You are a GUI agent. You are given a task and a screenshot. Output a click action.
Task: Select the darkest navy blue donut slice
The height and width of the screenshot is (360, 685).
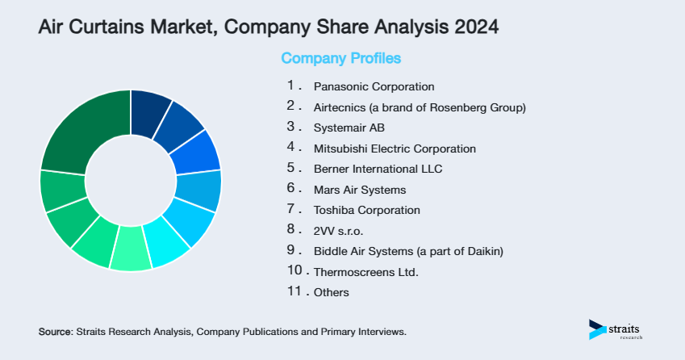tap(149, 107)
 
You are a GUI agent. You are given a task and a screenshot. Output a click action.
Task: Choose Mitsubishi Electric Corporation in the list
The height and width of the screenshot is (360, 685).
tap(395, 149)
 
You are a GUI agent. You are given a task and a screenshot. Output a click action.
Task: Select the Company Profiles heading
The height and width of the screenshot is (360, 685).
tap(340, 58)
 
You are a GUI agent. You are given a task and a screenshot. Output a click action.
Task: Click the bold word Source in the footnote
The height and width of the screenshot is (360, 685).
tap(55, 332)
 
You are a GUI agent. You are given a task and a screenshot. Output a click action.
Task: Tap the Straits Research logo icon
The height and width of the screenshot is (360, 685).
tap(597, 329)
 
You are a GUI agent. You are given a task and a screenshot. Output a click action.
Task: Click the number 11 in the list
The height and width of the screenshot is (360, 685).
tap(294, 291)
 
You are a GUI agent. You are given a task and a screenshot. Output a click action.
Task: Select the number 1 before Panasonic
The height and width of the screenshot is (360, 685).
tap(290, 85)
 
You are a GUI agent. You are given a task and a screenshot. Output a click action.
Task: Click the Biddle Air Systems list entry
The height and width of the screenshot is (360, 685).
tap(407, 251)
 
